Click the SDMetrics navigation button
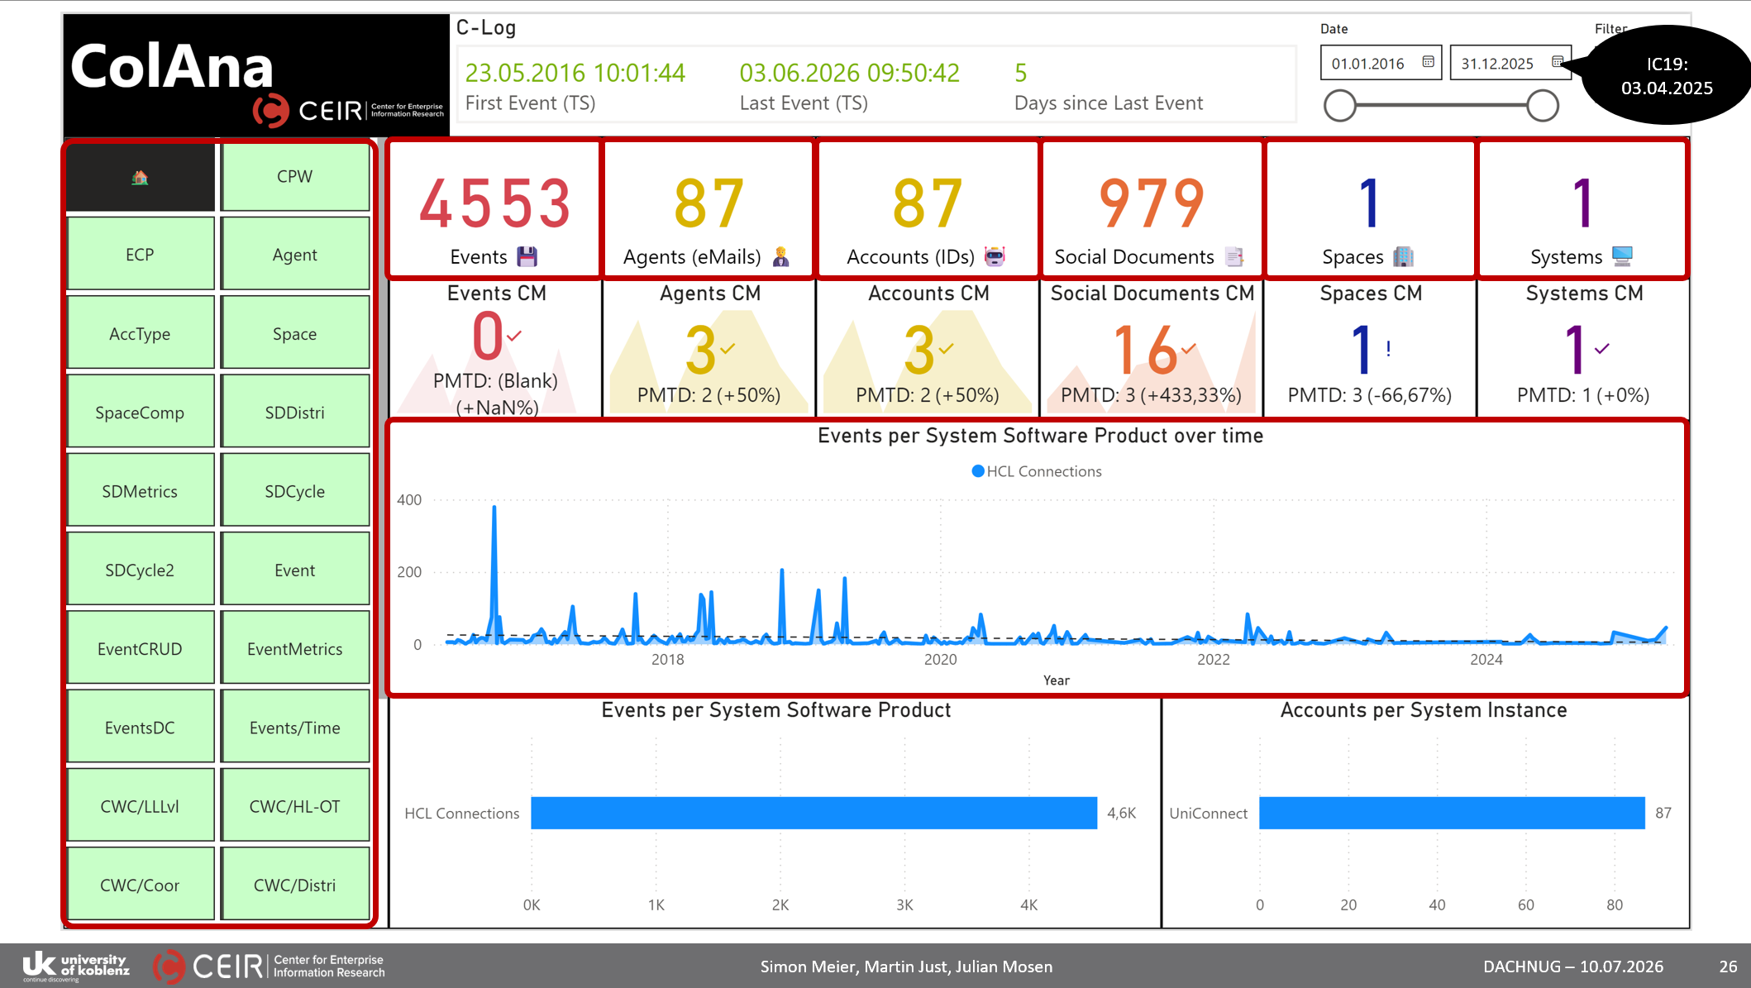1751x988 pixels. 140,491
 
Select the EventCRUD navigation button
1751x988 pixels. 140,649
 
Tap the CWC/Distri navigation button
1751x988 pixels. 295,885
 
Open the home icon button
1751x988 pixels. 140,177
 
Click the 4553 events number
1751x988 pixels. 495,203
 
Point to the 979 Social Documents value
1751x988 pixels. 1152,203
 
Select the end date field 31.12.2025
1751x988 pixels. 1510,63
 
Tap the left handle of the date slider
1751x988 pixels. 1340,106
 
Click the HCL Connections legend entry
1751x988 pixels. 1037,471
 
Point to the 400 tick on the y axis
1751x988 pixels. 409,499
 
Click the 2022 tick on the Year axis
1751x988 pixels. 1214,659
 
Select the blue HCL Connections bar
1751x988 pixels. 814,813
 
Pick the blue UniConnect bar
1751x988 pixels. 1452,813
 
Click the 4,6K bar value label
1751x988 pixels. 1122,813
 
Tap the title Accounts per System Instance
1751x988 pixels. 1424,710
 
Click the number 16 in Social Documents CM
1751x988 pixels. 1145,350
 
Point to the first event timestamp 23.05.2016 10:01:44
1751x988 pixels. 575,73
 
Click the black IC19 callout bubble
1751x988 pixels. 1666,75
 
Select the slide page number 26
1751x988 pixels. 1728,967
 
